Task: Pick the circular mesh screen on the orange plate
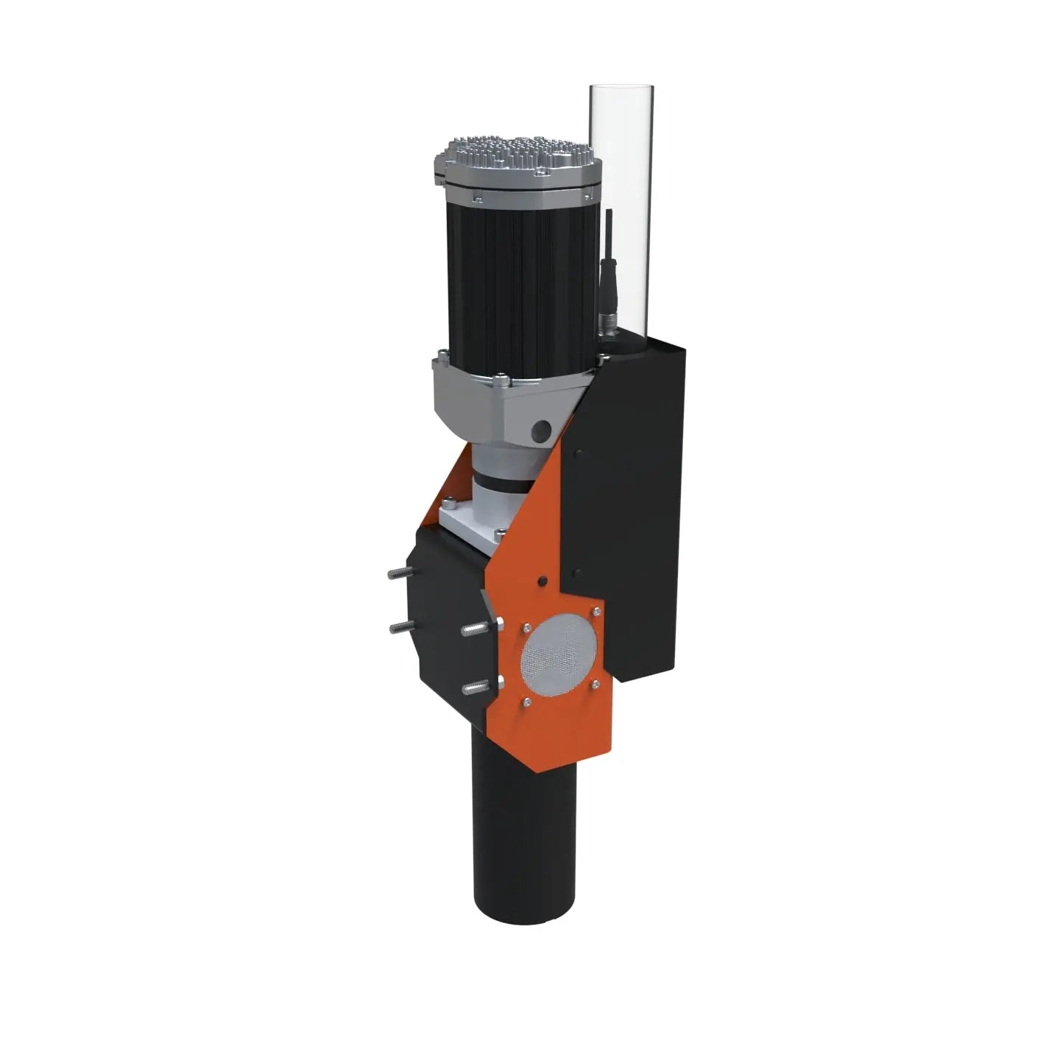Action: click(558, 654)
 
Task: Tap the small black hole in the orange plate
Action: click(543, 582)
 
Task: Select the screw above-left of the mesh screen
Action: click(527, 627)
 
